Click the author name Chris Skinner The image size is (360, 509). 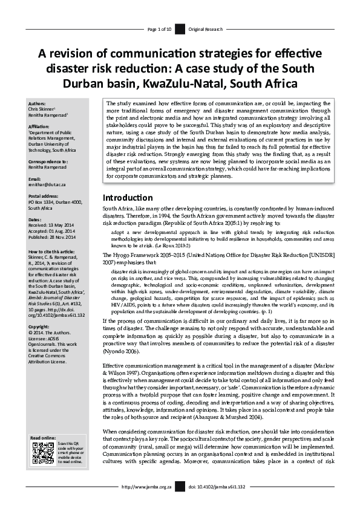coord(43,109)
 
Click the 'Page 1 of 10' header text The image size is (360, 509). coord(160,29)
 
